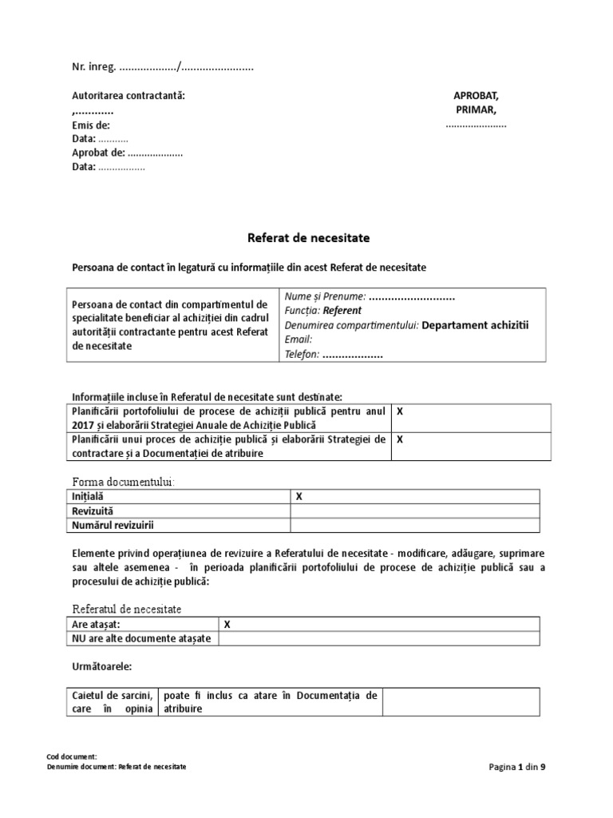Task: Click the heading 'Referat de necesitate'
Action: coord(306,238)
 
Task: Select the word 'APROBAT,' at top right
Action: coord(476,95)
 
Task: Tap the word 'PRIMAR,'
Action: coord(476,109)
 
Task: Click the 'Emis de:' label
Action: coord(91,125)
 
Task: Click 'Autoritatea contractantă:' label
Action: coord(129,96)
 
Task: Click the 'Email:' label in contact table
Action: coord(299,340)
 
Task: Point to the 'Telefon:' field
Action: coord(302,354)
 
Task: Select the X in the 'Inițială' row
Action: coord(299,496)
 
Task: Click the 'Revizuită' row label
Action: coord(93,510)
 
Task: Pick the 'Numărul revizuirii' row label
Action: coord(113,525)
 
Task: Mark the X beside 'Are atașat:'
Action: coord(227,624)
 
